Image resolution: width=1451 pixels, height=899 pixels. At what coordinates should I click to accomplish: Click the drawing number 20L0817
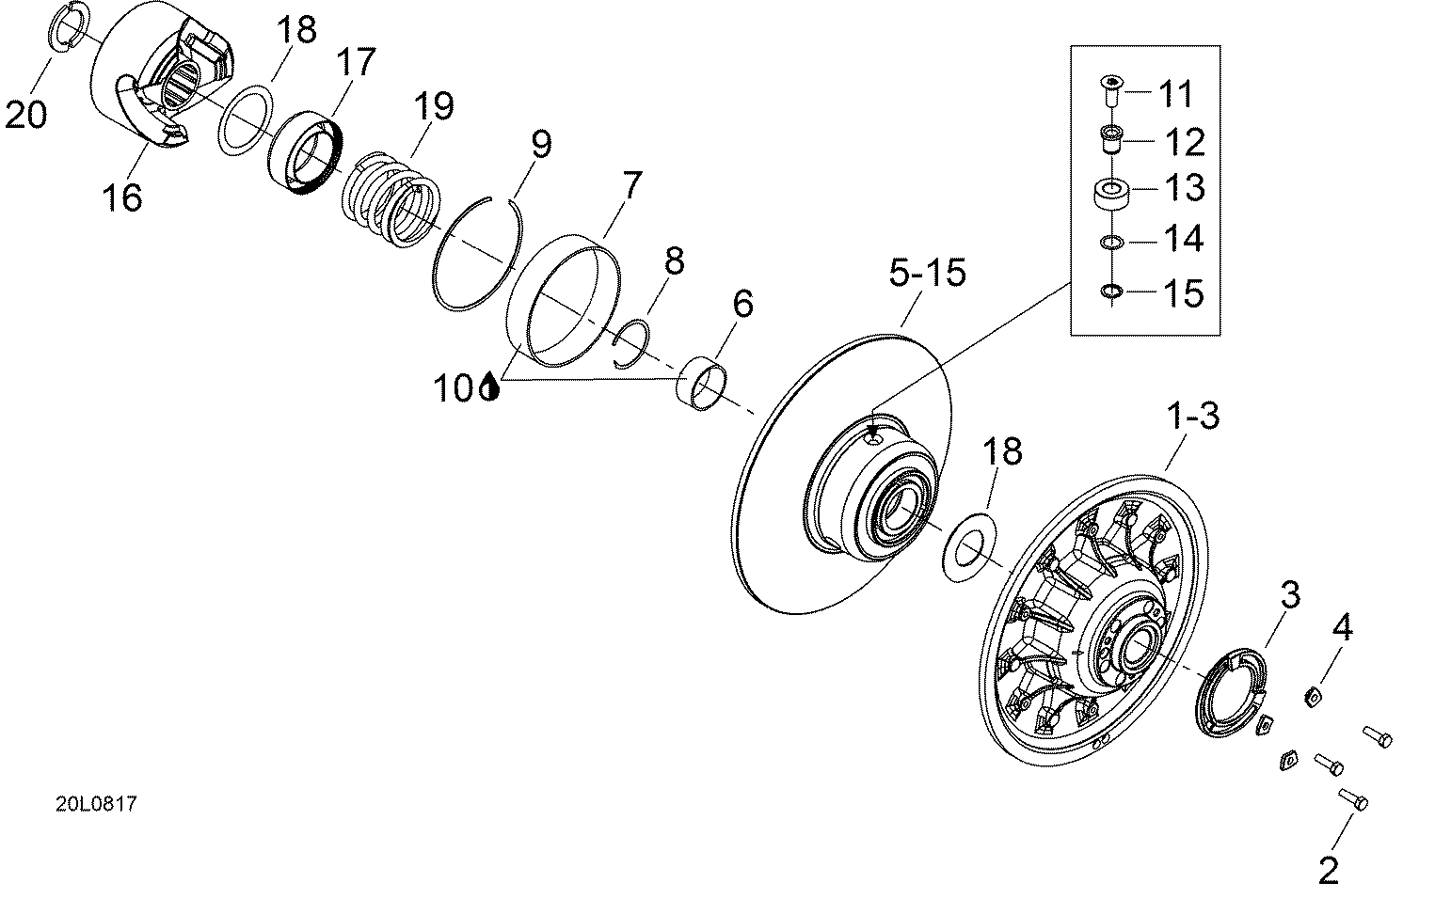(96, 805)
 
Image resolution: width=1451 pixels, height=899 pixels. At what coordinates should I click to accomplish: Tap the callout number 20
(26, 116)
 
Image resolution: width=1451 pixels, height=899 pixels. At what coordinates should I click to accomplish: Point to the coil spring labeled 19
(391, 200)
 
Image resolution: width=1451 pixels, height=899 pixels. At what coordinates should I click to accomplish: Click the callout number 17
(357, 62)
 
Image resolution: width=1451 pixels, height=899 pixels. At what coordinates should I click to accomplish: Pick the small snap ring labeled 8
(631, 343)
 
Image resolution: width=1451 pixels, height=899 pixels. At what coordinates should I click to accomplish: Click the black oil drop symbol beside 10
(489, 387)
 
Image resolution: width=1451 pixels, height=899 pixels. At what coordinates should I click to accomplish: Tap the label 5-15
(927, 273)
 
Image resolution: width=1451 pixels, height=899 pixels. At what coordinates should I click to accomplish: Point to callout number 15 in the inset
(1184, 293)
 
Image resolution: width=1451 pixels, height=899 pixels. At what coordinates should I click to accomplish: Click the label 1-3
(1192, 416)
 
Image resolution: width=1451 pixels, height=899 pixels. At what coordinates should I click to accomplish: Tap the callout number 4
(1343, 627)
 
